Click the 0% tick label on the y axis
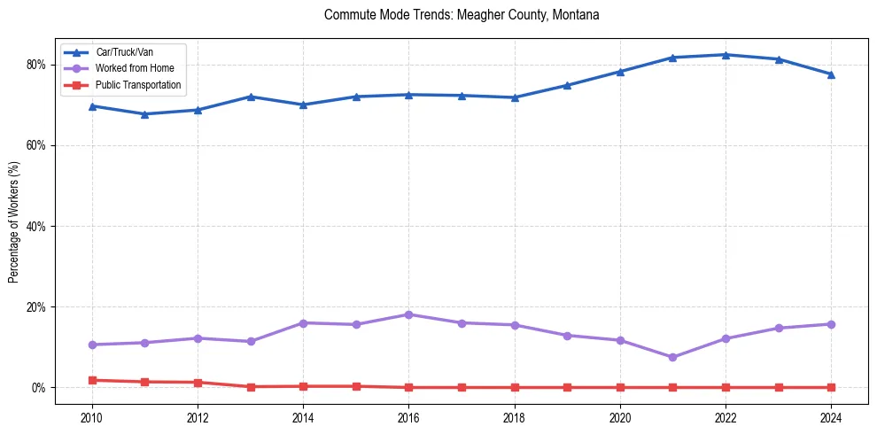coord(38,388)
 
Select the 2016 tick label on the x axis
coord(408,418)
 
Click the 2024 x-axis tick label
coord(831,418)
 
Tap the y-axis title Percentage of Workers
coord(14,221)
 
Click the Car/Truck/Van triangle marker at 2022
coord(726,55)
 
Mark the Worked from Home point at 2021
coord(672,357)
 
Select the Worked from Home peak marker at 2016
coord(408,314)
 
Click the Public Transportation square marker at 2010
coord(92,380)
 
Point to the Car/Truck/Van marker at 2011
coord(144,113)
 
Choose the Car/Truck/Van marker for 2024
coord(831,74)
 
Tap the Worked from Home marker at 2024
coord(831,324)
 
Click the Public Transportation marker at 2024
coord(831,387)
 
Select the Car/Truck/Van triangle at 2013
coord(251,97)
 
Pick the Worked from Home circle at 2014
coord(303,323)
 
